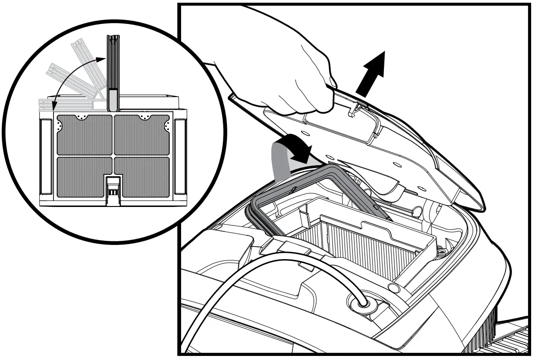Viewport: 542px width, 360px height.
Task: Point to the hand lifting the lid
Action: click(x=299, y=82)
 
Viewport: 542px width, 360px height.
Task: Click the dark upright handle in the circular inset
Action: click(x=112, y=72)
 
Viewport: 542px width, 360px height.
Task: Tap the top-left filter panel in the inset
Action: click(x=84, y=134)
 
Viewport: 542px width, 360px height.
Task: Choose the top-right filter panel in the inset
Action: click(x=141, y=134)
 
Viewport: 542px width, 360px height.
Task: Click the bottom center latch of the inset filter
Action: click(x=113, y=190)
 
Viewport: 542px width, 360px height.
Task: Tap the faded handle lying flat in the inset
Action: click(x=68, y=105)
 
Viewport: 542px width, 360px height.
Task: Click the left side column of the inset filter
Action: click(x=47, y=156)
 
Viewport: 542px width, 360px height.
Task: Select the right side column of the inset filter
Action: click(x=180, y=156)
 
